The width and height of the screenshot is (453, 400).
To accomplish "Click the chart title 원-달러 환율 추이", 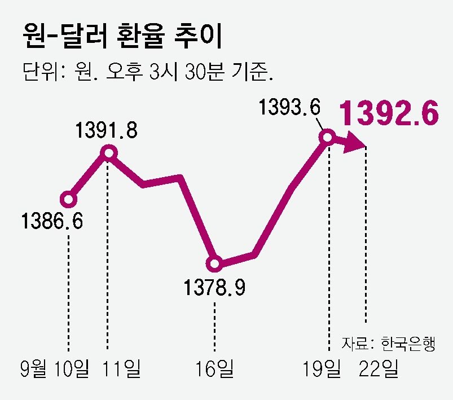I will click(121, 37).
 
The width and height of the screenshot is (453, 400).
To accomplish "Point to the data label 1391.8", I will click(107, 130).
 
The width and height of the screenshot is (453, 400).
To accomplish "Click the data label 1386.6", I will click(52, 221).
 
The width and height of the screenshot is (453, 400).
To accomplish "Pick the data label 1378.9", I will click(214, 288).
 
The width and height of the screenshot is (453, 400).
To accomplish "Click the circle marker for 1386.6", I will click(68, 199).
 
